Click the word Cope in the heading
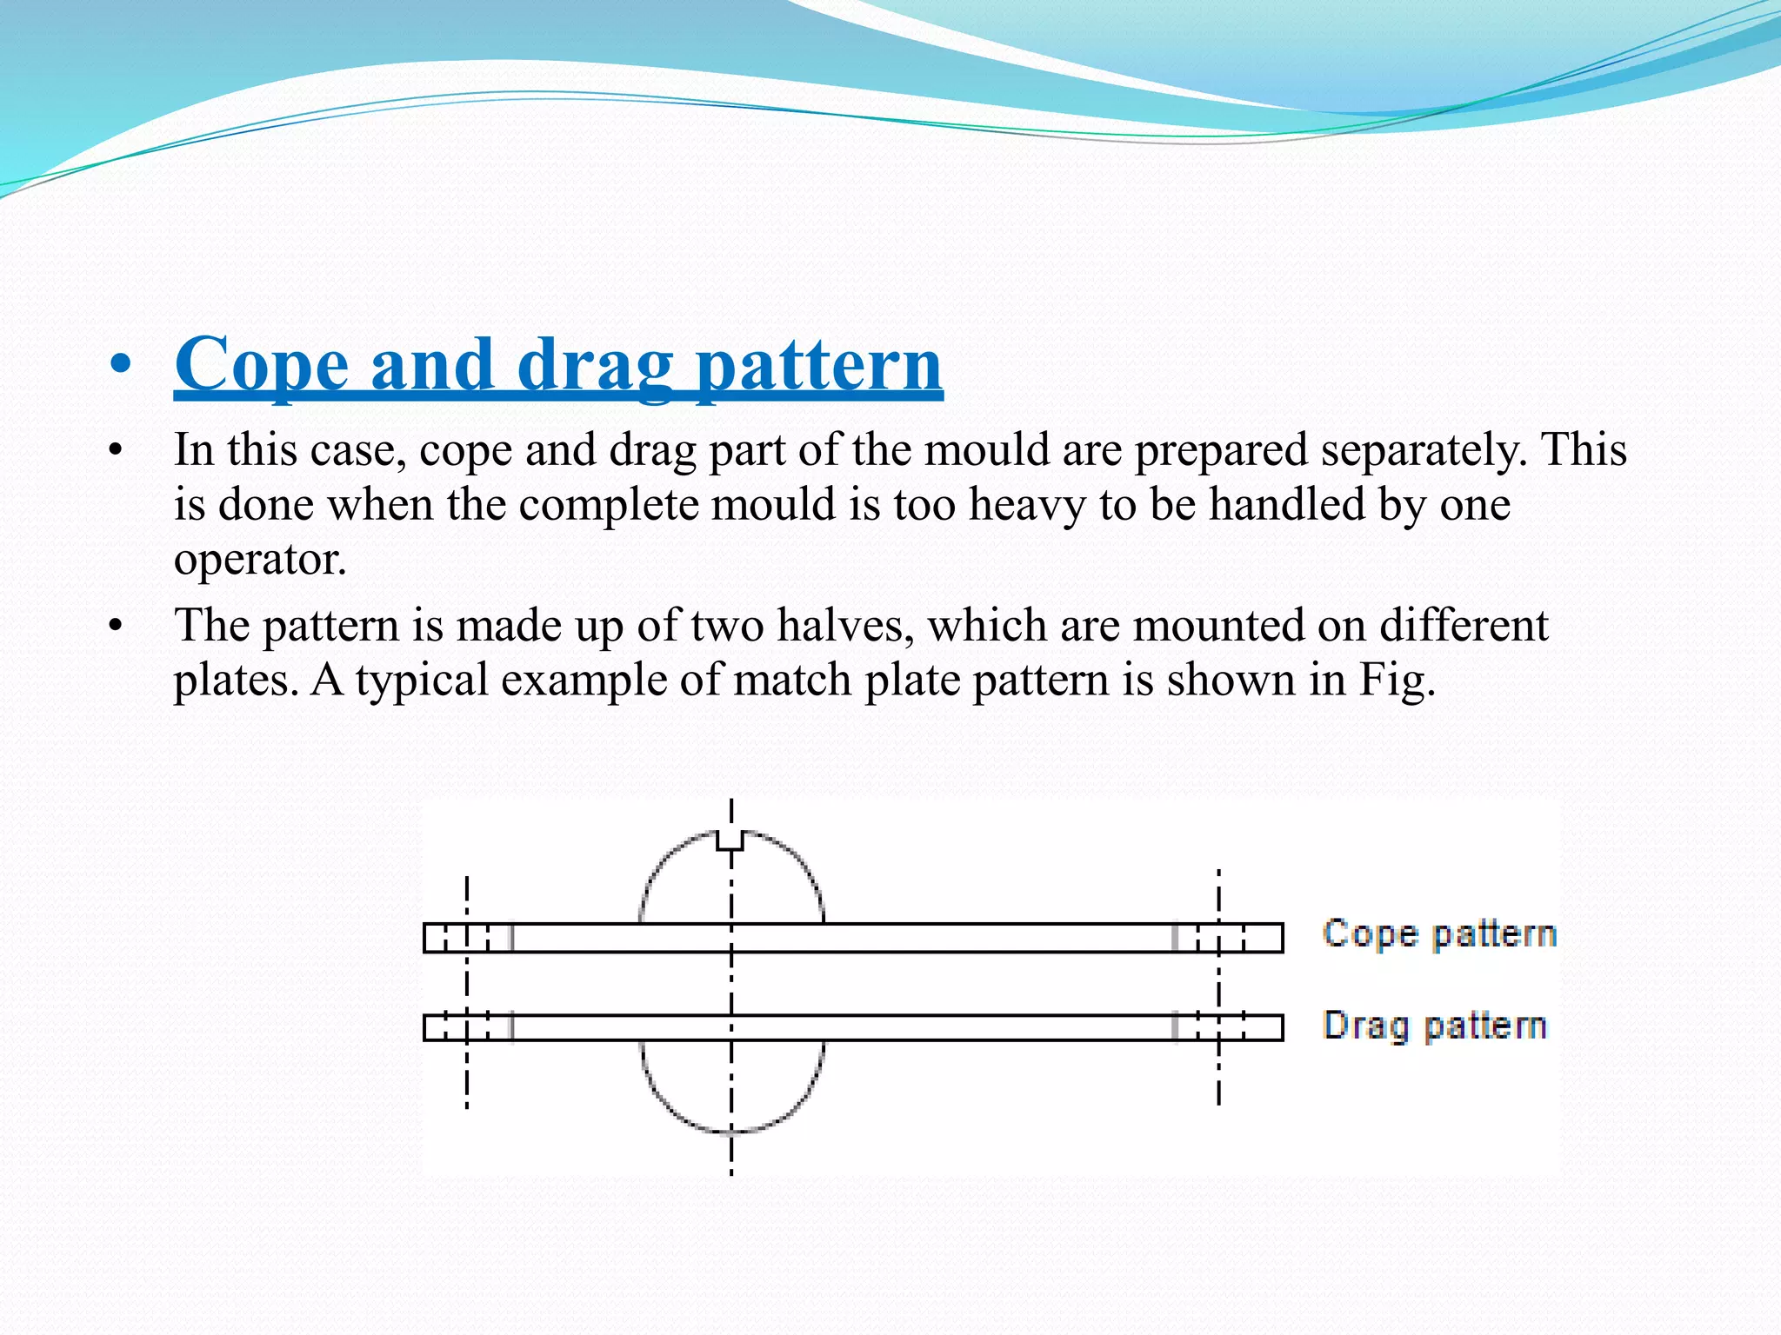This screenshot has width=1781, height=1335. click(262, 365)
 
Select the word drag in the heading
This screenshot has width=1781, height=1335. click(596, 367)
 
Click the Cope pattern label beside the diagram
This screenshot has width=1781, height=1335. click(1439, 934)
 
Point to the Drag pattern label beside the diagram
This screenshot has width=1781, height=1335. click(1435, 1026)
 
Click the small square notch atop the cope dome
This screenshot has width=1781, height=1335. click(730, 840)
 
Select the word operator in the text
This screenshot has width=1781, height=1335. click(259, 560)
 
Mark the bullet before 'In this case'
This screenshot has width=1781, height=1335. click(114, 451)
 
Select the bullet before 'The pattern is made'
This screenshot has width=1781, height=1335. click(114, 626)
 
